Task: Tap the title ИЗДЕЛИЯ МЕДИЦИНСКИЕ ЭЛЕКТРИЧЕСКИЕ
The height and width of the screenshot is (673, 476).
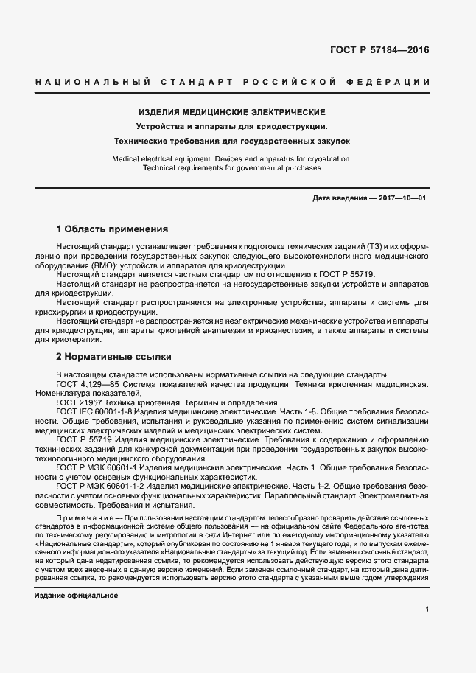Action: [x=232, y=112]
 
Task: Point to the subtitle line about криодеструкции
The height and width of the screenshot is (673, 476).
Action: [x=232, y=126]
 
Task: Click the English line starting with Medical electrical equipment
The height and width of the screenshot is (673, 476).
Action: [x=232, y=158]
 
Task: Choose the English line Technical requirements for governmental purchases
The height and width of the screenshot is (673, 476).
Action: [x=232, y=168]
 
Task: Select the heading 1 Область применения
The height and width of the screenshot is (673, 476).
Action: [x=112, y=229]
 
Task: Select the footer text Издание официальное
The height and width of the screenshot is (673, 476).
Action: [x=77, y=595]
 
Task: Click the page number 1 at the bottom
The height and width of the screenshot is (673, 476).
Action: [x=427, y=610]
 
